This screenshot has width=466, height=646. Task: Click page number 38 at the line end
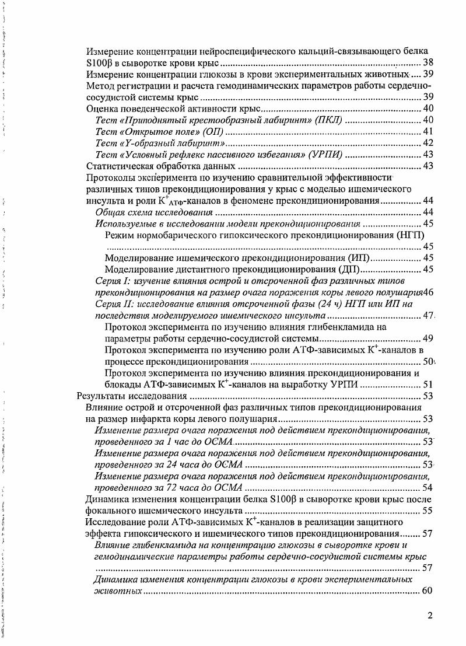click(428, 62)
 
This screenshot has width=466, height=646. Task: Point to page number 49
click(428, 338)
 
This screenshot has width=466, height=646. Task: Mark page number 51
click(428, 385)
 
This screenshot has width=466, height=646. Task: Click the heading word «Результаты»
click(101, 396)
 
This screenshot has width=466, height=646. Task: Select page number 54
click(428, 488)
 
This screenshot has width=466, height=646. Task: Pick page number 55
click(428, 511)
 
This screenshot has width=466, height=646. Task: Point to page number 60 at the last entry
click(428, 591)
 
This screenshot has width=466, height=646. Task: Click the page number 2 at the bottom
click(430, 616)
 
